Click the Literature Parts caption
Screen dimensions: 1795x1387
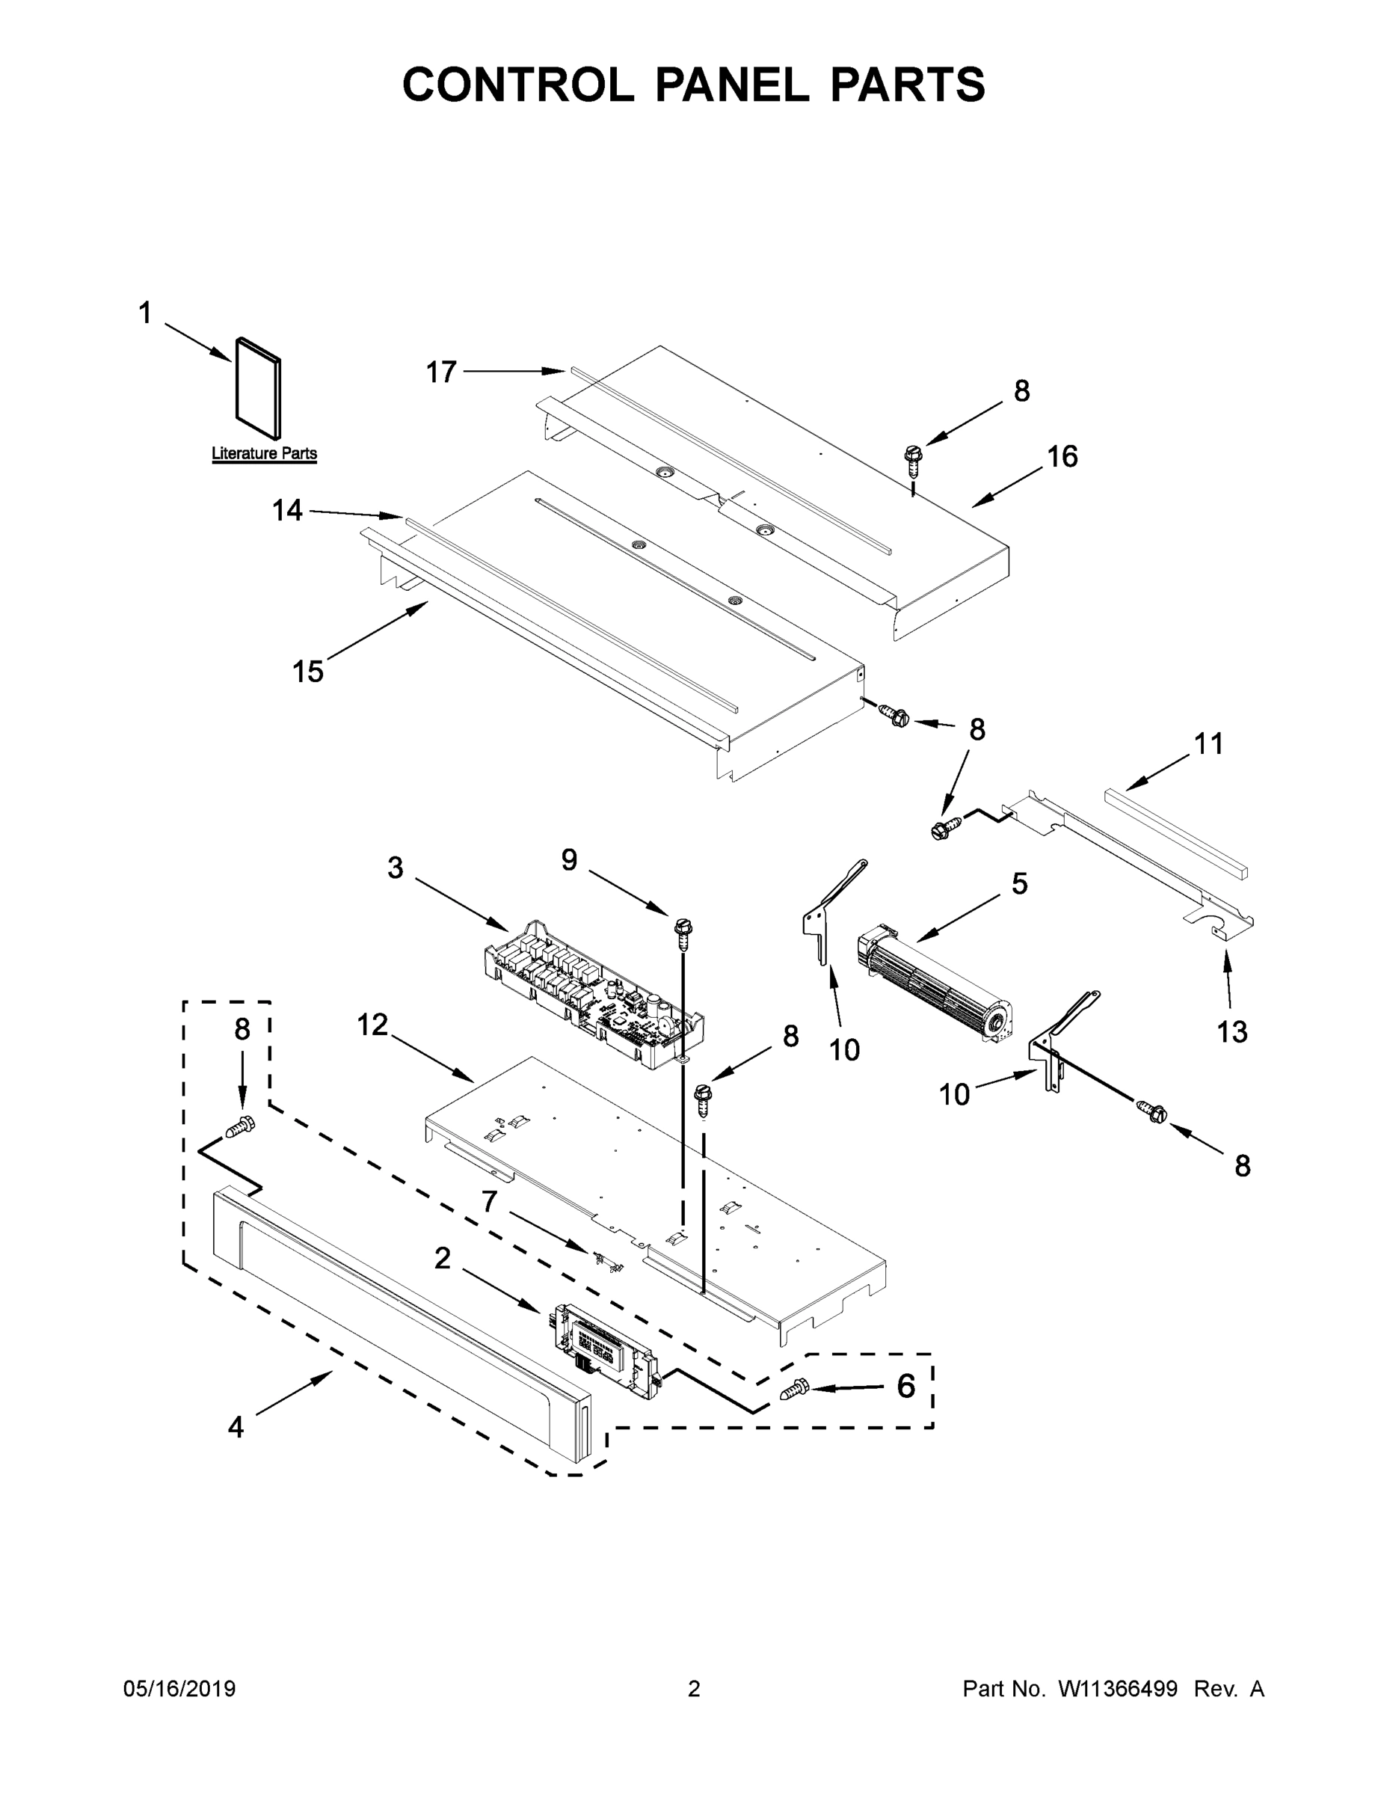[x=264, y=452]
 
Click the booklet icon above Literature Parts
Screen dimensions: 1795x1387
[x=258, y=389]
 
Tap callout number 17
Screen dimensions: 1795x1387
[x=441, y=372]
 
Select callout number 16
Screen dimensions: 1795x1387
[x=1062, y=457]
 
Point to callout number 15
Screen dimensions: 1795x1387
[x=308, y=672]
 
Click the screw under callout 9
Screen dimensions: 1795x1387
[x=682, y=930]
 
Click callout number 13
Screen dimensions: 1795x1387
[x=1231, y=1031]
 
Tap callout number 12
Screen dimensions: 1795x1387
[x=372, y=1025]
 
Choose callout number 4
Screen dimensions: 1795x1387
[x=236, y=1428]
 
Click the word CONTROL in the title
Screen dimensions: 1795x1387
[x=517, y=85]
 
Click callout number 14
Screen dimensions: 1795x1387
[x=288, y=512]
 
